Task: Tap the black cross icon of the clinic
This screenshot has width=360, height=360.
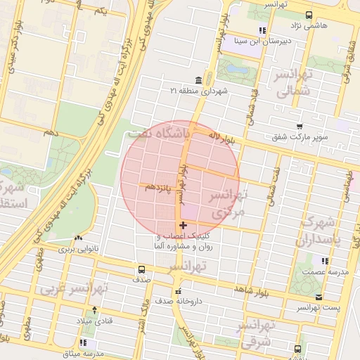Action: [x=184, y=226]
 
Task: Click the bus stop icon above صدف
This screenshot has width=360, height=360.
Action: [x=142, y=269]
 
